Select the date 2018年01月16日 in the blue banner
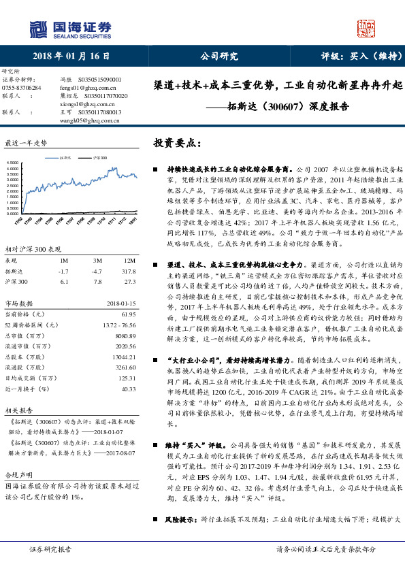click(x=71, y=55)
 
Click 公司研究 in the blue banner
click(x=218, y=55)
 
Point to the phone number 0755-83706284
click(x=22, y=88)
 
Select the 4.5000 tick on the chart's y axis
click(x=12, y=163)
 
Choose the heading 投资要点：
click(x=178, y=144)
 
